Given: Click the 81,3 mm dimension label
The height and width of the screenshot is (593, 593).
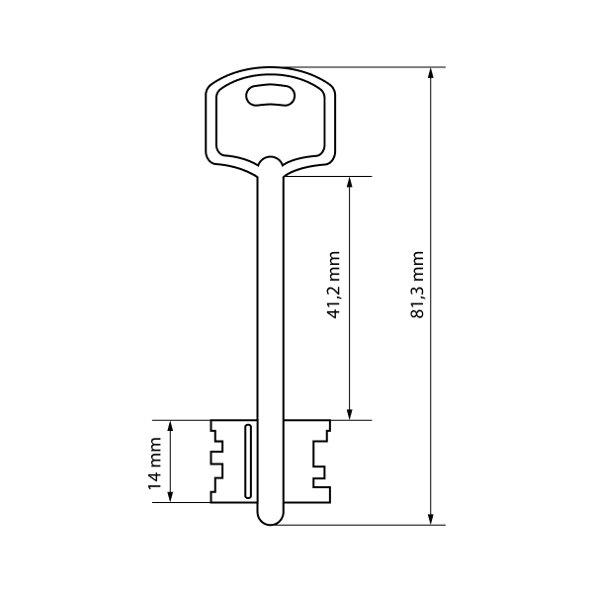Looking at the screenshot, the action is [x=417, y=284].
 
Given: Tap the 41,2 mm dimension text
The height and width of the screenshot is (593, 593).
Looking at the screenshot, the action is [x=334, y=284].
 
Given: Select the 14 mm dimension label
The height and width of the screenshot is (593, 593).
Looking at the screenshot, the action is [x=154, y=464].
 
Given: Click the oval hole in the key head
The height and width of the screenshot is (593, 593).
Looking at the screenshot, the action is [x=271, y=95].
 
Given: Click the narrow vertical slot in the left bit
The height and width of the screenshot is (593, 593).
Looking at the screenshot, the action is [x=248, y=461].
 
